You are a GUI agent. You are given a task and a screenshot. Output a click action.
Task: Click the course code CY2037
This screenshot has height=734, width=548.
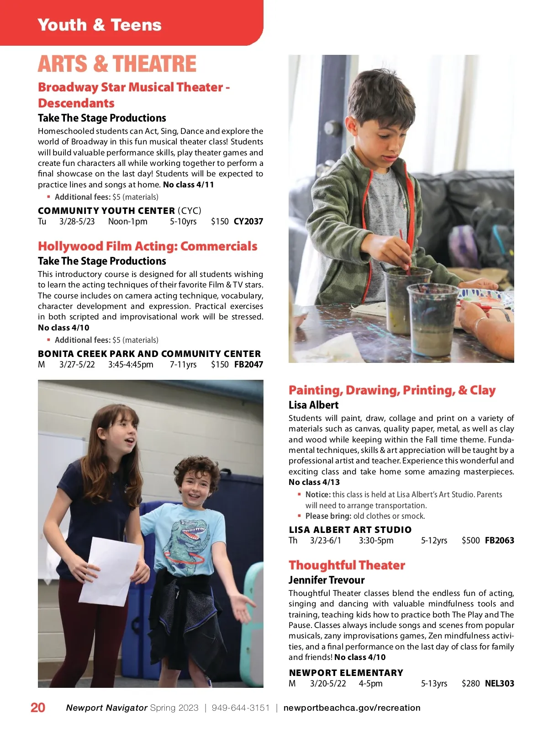tap(248, 222)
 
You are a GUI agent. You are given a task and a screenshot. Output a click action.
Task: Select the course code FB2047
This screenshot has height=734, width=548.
tap(248, 365)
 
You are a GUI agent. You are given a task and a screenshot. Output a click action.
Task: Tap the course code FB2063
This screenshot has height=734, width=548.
tap(499, 541)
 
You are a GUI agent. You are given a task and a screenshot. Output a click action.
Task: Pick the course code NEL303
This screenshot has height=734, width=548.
tap(499, 684)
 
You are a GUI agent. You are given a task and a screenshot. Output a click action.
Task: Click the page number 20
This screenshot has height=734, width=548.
tap(38, 707)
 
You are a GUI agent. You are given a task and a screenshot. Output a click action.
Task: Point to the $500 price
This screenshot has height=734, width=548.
tap(470, 541)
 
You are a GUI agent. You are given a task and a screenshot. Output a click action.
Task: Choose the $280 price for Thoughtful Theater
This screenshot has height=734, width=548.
tap(470, 684)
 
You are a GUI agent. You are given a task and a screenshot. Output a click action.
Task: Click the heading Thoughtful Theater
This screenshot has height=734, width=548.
tap(347, 565)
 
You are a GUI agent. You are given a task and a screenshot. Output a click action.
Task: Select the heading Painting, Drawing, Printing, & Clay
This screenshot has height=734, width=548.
tap(392, 390)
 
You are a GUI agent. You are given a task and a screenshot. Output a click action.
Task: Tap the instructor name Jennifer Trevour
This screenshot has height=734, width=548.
tap(327, 580)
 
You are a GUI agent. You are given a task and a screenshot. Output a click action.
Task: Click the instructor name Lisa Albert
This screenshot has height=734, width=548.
tap(313, 405)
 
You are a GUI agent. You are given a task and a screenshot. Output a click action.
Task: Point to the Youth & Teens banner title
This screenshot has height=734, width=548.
tap(100, 25)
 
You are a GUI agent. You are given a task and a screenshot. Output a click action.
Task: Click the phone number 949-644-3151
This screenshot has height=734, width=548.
tap(241, 708)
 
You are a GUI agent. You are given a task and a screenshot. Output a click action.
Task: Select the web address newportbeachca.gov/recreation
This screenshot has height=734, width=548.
tap(352, 708)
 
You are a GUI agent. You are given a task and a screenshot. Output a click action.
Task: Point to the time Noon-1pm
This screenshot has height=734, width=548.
tap(128, 222)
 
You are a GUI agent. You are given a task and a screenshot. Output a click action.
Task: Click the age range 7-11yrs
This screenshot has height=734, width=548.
tap(183, 365)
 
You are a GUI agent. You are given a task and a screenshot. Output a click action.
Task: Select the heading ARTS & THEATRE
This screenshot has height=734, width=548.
tap(117, 64)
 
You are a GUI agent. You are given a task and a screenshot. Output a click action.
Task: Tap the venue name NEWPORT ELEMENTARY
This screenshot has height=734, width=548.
tap(346, 673)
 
